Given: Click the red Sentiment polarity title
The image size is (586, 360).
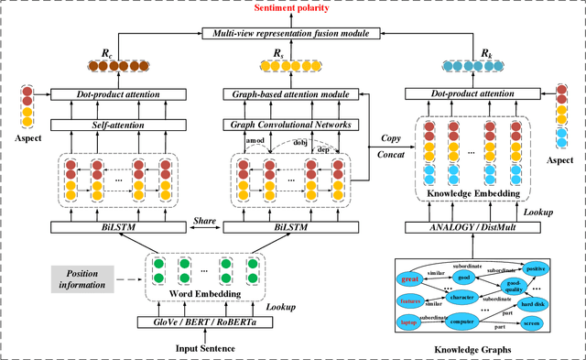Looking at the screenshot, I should coord(291,8).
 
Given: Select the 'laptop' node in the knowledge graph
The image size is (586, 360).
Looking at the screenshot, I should coord(410,323).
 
